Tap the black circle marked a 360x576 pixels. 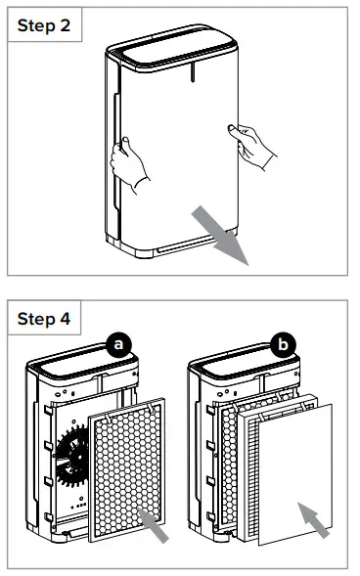point(119,344)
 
